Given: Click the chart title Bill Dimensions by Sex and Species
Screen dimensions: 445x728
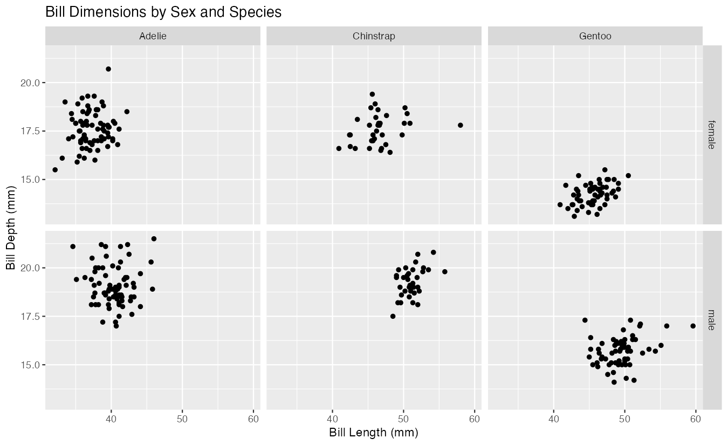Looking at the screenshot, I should click(x=163, y=12).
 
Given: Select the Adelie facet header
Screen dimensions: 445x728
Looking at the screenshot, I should click(x=153, y=37).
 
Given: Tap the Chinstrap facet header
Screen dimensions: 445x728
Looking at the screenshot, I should click(x=374, y=37).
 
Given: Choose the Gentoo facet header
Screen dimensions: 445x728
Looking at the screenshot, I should click(x=595, y=37).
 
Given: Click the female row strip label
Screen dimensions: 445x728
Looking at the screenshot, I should click(x=712, y=134).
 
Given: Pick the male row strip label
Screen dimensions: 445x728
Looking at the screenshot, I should click(x=712, y=320).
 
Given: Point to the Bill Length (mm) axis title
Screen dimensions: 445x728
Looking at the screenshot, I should click(x=374, y=433).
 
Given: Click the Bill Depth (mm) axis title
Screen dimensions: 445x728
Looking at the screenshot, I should click(x=11, y=227).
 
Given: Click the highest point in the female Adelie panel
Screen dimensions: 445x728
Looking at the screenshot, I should click(x=108, y=69).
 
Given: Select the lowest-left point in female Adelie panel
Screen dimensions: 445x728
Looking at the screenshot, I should click(x=55, y=170).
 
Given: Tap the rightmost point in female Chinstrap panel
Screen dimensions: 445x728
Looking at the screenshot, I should click(x=460, y=125).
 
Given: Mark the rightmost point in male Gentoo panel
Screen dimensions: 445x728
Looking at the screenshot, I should click(x=693, y=326).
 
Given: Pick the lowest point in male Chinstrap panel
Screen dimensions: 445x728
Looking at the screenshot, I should click(x=393, y=316).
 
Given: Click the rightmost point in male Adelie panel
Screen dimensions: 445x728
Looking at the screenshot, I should click(x=154, y=238).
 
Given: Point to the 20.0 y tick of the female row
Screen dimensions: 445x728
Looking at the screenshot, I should click(x=30, y=83).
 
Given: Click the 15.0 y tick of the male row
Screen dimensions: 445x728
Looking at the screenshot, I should click(x=30, y=365).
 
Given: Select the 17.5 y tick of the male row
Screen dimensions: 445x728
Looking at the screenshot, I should click(x=30, y=316).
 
